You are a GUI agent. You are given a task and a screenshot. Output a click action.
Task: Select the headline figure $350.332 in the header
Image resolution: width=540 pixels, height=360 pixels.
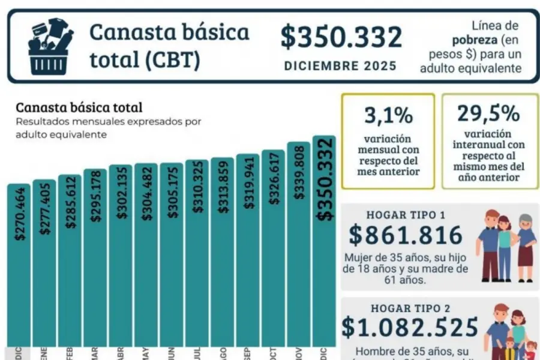coord(341,37)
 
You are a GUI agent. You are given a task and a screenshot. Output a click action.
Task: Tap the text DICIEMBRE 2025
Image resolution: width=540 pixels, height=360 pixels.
coord(340,65)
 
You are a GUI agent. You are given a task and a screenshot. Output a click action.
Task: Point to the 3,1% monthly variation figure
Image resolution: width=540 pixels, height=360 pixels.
coord(388,114)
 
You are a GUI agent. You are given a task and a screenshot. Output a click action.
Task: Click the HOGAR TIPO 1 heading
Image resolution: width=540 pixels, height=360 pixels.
coord(406,214)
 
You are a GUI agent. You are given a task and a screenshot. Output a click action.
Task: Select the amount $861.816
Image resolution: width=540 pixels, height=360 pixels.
coord(406,235)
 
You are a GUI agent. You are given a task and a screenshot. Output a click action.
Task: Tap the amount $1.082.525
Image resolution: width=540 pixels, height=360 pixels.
coord(410,327)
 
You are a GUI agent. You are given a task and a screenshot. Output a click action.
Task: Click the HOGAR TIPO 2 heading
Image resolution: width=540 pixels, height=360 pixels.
coord(406,308)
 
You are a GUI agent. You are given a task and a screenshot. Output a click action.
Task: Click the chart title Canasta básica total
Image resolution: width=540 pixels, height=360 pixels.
coord(79,108)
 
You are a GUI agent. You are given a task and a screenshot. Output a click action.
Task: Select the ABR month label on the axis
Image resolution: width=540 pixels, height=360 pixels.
coord(121,353)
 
